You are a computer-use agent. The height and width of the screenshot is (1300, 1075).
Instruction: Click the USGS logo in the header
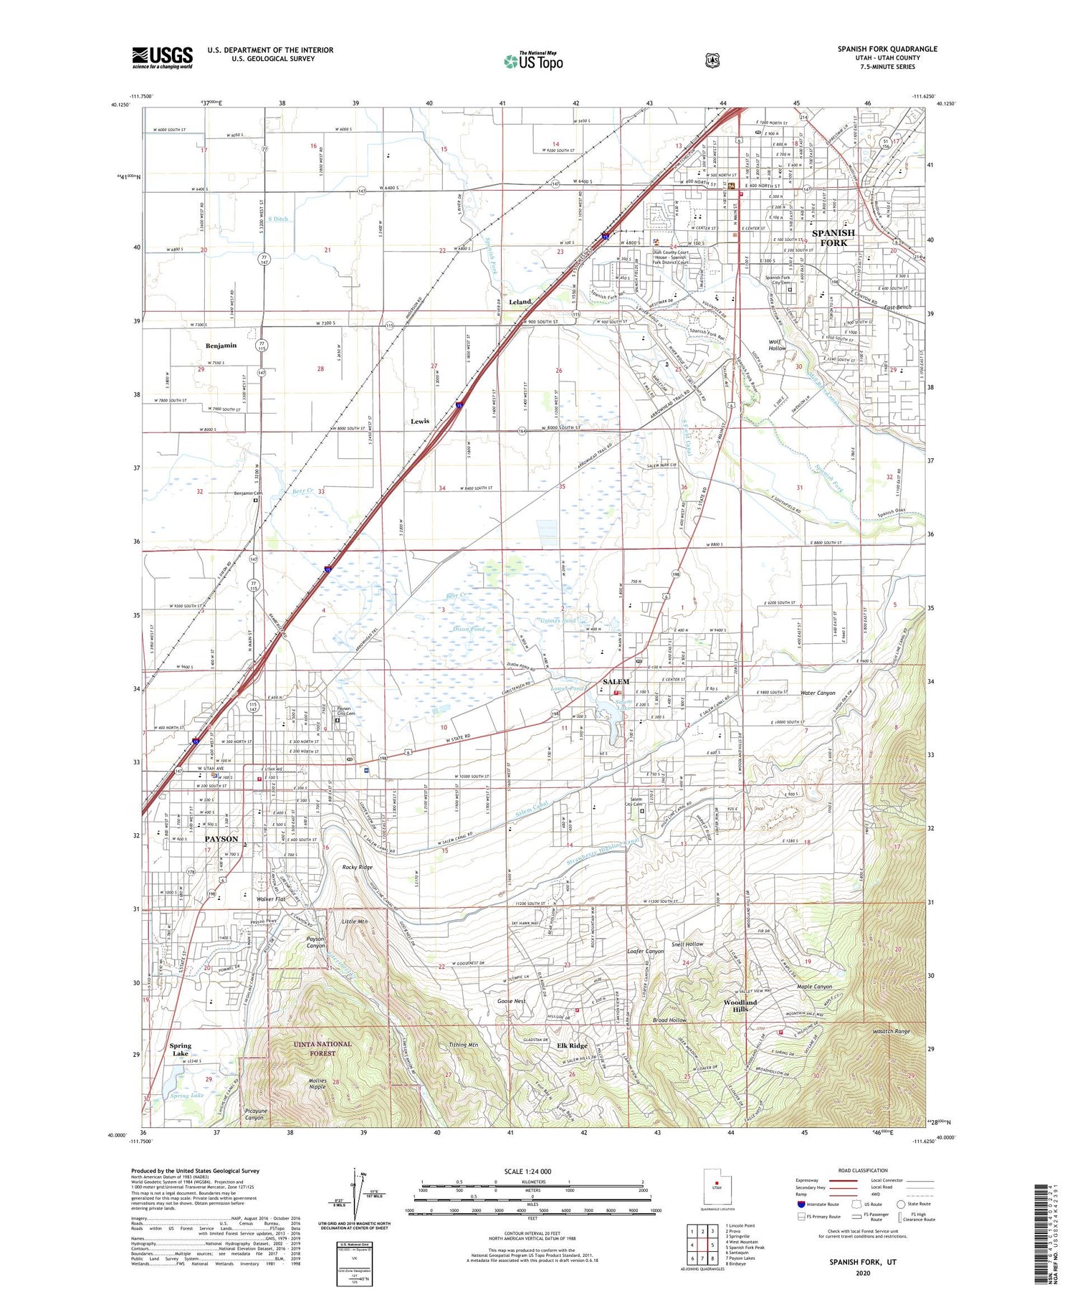[x=162, y=57]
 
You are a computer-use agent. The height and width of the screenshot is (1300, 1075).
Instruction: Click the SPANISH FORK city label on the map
[x=833, y=237]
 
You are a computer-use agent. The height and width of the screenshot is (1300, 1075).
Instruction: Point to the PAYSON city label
[x=221, y=838]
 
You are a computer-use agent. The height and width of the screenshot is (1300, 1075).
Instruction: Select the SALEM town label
[x=616, y=681]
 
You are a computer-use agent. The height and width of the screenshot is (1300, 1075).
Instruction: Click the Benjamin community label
[x=221, y=346]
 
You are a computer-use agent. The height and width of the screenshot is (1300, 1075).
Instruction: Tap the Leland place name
[x=520, y=302]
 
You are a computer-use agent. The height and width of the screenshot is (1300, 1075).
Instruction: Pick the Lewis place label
[x=420, y=421]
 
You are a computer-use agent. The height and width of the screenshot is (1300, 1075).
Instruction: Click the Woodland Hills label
[x=740, y=1005]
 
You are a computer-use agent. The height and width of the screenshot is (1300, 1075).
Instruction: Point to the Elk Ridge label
[x=572, y=1045]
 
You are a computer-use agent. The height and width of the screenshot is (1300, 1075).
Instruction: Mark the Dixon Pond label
[x=469, y=629]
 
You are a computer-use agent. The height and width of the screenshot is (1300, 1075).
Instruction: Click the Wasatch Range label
[x=891, y=1031]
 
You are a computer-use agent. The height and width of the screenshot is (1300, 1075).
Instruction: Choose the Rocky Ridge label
[x=357, y=867]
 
